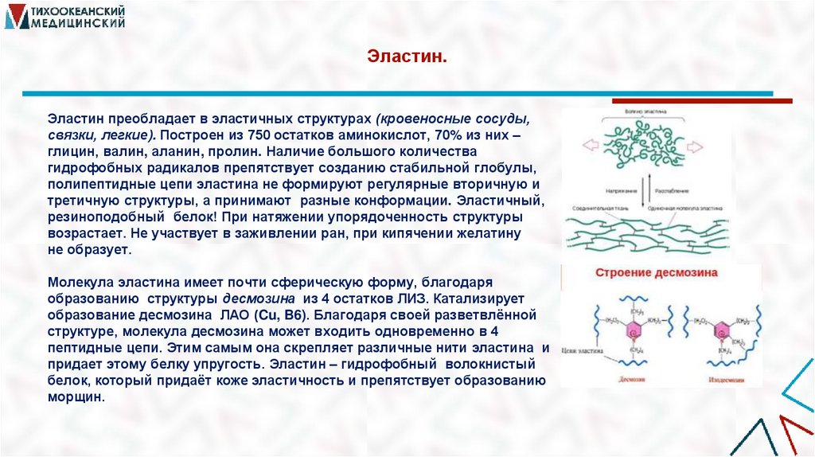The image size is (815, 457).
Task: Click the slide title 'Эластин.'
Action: [407, 57]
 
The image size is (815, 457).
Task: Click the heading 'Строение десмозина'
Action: [657, 273]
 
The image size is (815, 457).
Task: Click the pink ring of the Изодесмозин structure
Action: [724, 329]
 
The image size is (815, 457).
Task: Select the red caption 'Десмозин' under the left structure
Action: [633, 379]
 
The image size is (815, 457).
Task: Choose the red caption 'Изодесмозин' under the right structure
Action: [727, 379]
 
